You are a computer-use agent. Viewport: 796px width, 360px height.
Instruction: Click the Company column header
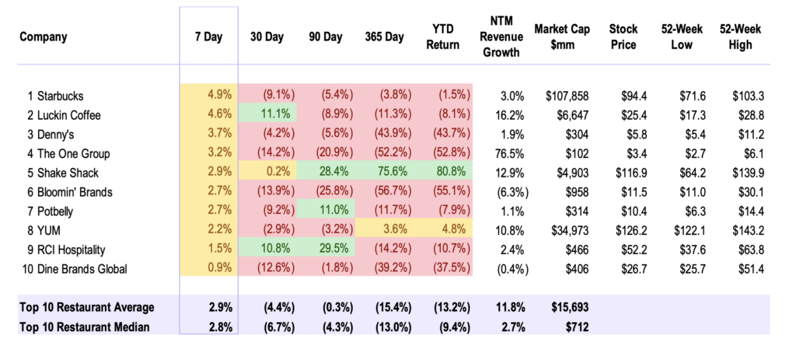point(44,37)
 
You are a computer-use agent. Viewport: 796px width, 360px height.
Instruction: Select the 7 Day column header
point(208,37)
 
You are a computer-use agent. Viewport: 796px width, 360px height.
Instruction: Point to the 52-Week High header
point(740,37)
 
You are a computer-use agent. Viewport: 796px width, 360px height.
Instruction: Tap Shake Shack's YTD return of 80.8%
point(452,173)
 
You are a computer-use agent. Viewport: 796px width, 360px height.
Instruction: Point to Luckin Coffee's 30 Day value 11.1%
point(277,115)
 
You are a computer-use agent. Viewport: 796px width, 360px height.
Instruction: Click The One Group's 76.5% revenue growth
point(509,154)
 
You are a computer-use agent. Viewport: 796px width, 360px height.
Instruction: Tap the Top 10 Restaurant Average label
point(87,308)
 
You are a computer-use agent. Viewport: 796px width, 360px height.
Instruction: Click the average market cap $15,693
point(570,308)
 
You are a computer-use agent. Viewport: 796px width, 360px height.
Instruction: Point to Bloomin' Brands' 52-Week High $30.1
point(751,192)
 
